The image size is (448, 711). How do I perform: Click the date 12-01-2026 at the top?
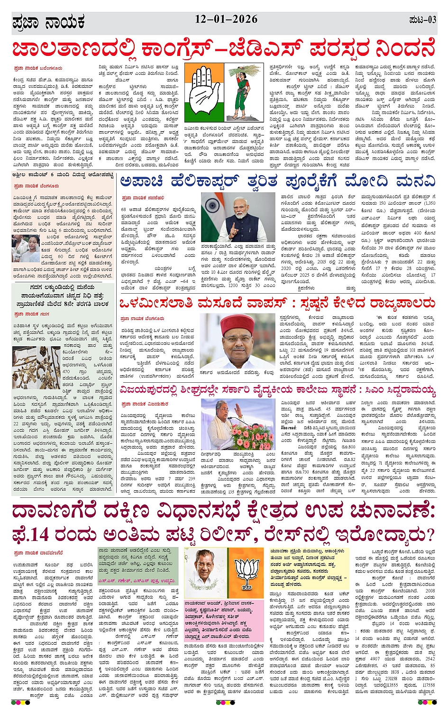pyautogui.click(x=226, y=19)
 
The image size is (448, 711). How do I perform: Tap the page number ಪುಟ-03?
pyautogui.click(x=422, y=20)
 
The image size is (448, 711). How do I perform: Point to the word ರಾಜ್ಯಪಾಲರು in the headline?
pyautogui.click(x=396, y=302)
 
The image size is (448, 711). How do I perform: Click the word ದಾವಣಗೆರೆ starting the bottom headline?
pyautogui.click(x=51, y=512)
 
